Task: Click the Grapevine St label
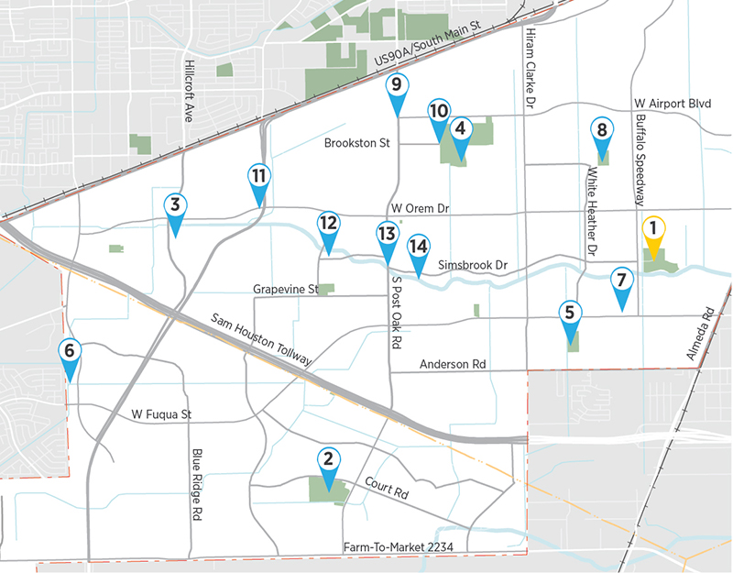point(286,290)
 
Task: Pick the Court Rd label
point(386,487)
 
